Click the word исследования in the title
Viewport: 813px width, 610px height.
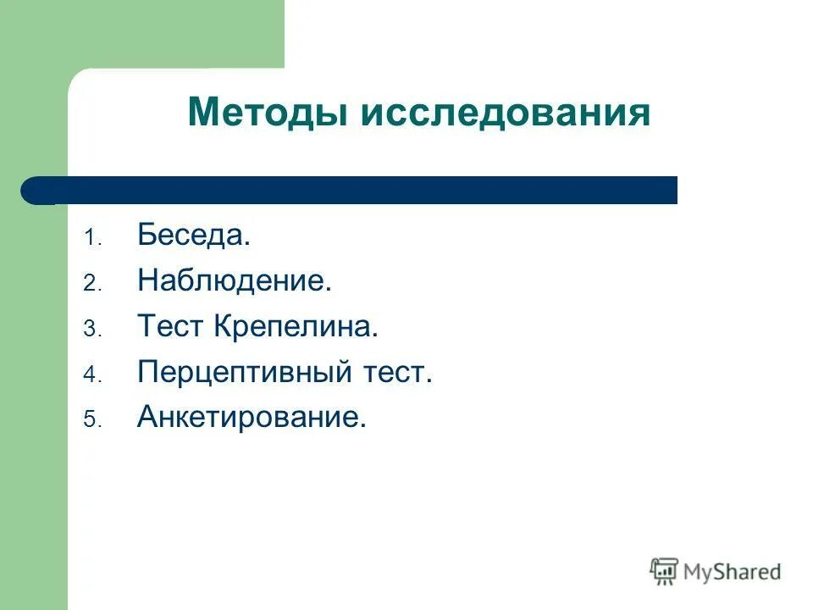(x=506, y=113)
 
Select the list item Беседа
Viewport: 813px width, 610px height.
(x=193, y=236)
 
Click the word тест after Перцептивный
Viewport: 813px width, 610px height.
(x=397, y=372)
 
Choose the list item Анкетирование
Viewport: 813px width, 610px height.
(x=251, y=417)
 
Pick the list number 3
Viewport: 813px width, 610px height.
(x=91, y=330)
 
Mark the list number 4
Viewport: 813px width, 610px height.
(x=91, y=374)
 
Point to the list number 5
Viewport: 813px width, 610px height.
(x=91, y=419)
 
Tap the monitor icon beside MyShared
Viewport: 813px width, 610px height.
(x=664, y=571)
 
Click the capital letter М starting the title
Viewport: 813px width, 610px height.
(x=203, y=113)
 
